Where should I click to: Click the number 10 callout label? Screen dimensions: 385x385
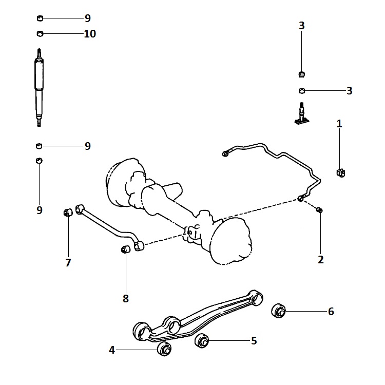coord(90,34)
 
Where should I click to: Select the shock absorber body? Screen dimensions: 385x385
coord(39,87)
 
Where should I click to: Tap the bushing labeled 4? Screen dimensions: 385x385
coord(164,348)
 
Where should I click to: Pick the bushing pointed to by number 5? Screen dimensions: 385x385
coord(202,340)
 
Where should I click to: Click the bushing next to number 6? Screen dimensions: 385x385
coord(279,311)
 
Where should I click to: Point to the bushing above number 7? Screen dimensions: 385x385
coord(68,212)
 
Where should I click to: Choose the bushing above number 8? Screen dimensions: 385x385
coord(125,249)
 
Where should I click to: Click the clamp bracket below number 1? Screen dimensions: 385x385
coord(340,173)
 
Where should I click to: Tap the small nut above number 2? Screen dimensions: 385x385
coord(319,210)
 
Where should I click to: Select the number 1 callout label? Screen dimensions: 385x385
coord(339,124)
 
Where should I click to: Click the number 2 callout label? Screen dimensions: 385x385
coord(321,260)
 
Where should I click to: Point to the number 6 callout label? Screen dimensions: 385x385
coord(331,312)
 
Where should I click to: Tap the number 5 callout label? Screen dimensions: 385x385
coord(254,340)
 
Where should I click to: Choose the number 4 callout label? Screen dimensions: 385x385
coord(112,350)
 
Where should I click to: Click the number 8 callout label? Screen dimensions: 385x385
coord(125,299)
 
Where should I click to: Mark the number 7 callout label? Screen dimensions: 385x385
coord(68,262)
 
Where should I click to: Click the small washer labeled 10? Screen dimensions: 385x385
coord(40,34)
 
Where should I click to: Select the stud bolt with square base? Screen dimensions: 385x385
coord(302,113)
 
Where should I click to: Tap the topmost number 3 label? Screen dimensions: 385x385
coord(302,26)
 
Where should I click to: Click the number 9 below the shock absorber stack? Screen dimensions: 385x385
coord(40,210)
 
